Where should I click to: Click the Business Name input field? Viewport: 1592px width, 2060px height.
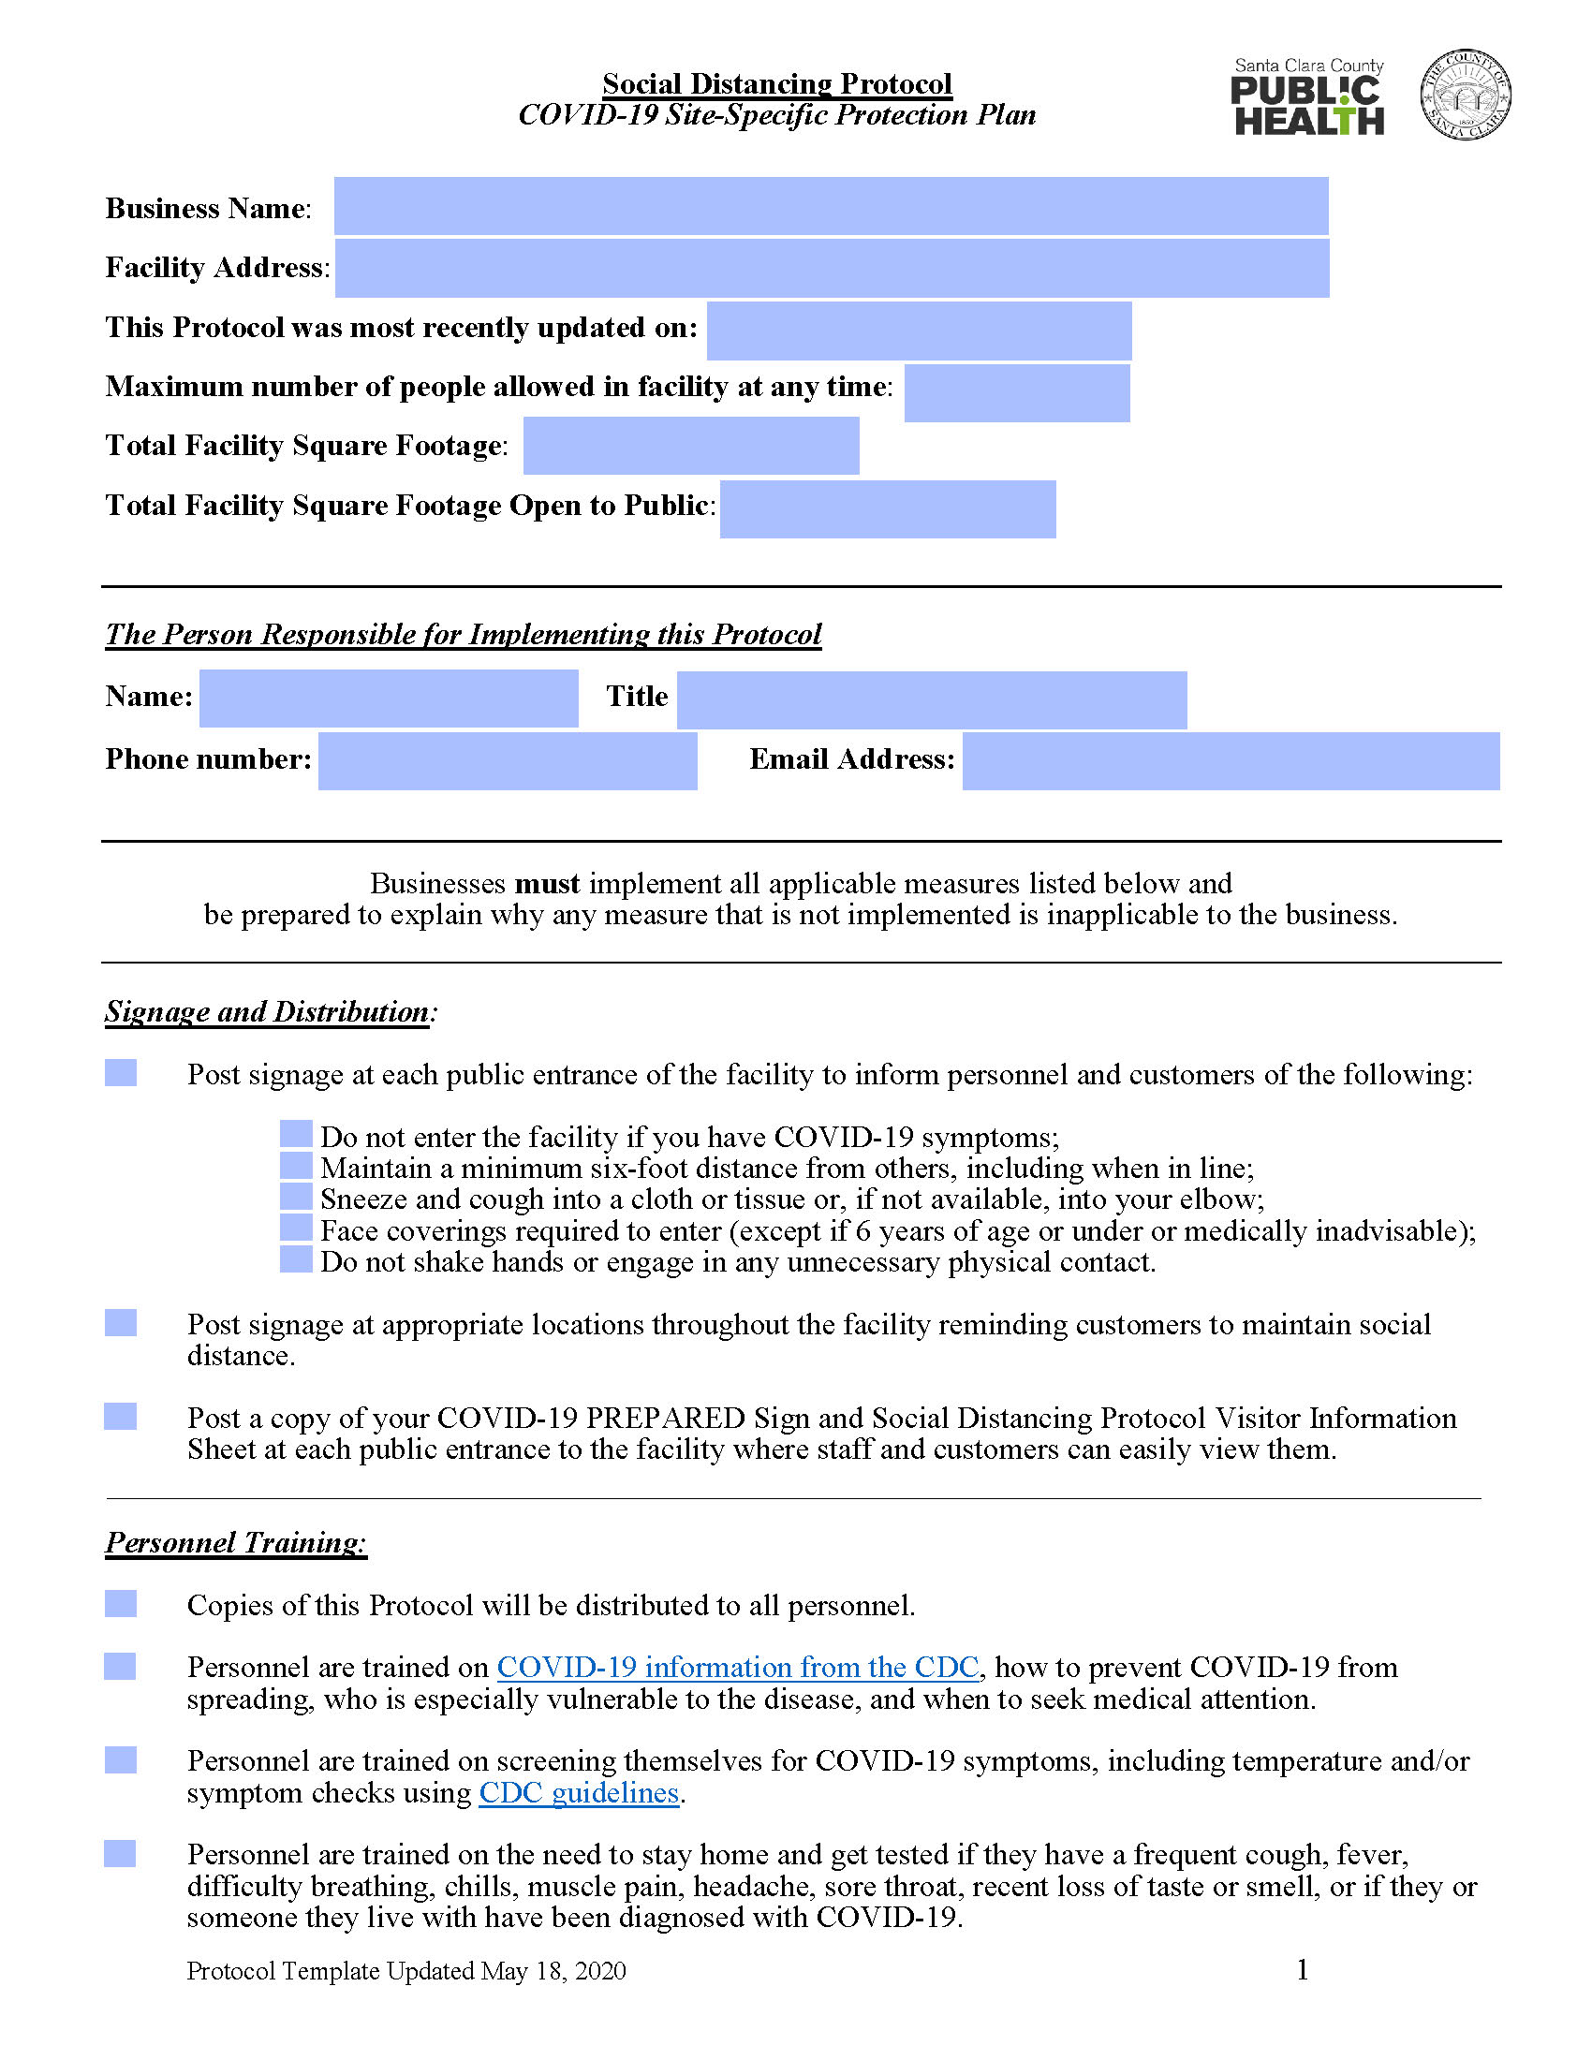point(830,206)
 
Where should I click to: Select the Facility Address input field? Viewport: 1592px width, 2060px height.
point(831,268)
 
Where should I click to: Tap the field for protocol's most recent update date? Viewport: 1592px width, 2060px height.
point(919,331)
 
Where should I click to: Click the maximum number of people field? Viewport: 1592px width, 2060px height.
point(1016,392)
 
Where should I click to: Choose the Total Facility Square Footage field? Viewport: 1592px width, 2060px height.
point(690,445)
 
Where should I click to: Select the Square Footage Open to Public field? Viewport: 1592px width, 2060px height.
point(887,508)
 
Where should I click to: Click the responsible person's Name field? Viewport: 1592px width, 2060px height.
point(388,698)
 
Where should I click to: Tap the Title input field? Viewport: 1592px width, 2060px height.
point(931,699)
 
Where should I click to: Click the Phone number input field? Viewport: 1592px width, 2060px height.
point(507,760)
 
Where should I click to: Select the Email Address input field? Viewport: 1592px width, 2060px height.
point(1230,760)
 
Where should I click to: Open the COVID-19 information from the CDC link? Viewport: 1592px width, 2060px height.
point(738,1667)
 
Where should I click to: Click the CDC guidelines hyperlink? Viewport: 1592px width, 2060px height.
point(578,1792)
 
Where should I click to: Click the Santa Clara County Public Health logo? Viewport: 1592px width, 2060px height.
point(1307,97)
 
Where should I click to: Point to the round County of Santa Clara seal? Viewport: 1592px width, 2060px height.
point(1465,96)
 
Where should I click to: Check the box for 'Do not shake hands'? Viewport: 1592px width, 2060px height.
point(296,1259)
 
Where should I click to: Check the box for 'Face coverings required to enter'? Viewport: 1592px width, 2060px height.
point(296,1228)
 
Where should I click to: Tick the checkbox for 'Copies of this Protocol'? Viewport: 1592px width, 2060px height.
point(121,1603)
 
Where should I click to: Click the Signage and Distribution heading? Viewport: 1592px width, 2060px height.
point(268,1011)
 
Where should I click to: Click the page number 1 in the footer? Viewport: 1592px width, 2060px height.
point(1302,1969)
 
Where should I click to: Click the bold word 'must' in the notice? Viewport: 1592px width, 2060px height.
point(547,884)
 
